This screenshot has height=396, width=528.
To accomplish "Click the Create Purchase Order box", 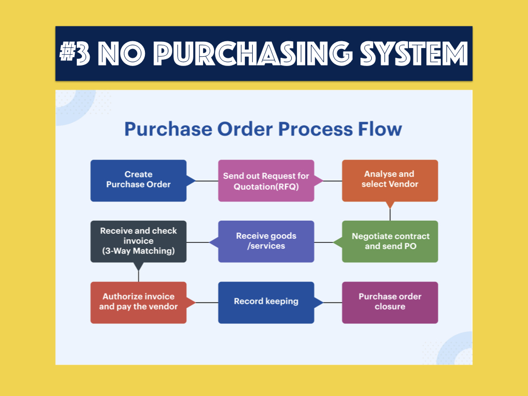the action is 138,180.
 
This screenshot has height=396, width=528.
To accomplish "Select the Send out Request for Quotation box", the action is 267,180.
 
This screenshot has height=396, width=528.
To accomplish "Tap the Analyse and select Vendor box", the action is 390,180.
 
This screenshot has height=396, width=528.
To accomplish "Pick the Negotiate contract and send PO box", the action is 390,241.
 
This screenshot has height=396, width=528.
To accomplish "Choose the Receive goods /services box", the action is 267,241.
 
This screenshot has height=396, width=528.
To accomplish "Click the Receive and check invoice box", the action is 138,241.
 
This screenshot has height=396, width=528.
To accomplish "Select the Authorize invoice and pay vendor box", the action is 138,302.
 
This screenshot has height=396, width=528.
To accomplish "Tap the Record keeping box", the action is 267,302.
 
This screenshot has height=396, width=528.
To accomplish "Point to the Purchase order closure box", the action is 390,302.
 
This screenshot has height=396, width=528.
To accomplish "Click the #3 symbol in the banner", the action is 75,53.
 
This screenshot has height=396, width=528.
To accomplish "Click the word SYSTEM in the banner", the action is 414,53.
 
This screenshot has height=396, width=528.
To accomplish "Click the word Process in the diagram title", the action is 315,129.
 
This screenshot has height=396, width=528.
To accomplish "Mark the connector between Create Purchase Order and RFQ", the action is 207,181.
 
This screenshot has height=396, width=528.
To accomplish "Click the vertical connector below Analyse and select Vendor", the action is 390,215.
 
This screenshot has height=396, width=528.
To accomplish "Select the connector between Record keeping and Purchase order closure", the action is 333,302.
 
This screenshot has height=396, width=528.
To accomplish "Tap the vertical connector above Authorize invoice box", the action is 138,276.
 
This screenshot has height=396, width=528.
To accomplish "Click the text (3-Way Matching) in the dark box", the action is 138,251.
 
